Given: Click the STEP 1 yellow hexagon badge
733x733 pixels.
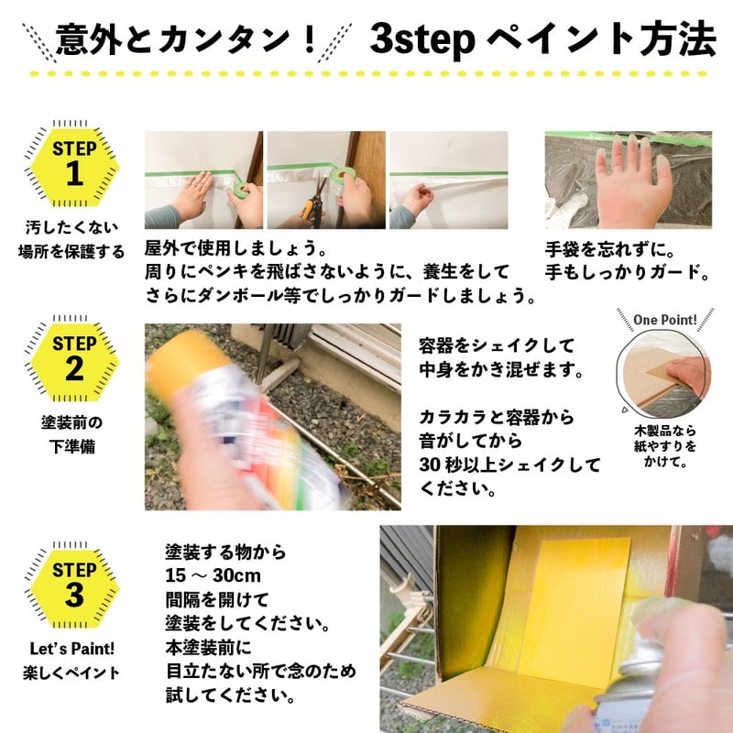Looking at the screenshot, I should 73,164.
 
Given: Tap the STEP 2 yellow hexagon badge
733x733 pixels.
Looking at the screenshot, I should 73,360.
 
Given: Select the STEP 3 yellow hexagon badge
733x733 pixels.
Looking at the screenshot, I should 73,585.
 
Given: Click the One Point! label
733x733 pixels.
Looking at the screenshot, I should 665,321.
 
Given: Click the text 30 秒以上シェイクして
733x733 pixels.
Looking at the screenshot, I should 509,465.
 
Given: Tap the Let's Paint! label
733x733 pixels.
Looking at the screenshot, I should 72,649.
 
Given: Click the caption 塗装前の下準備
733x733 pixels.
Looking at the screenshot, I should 72,434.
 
